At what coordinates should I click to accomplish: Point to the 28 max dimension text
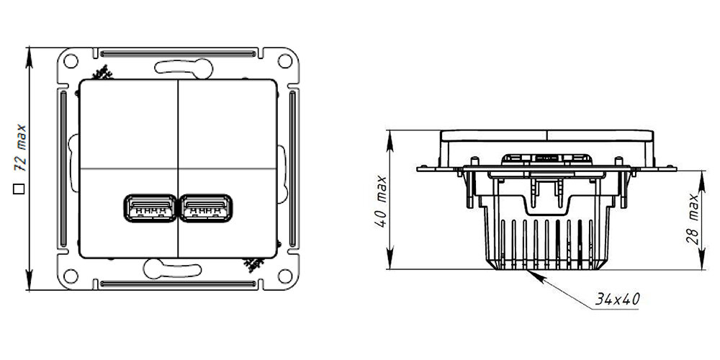click(x=694, y=220)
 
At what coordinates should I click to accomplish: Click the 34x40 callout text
click(x=618, y=298)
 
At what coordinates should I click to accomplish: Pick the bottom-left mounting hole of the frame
click(x=71, y=274)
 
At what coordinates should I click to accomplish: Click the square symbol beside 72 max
click(x=19, y=189)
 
